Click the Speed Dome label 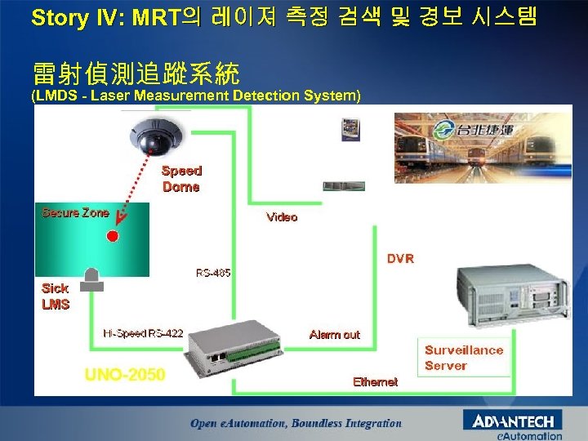coord(181,179)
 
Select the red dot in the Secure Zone coord(113,236)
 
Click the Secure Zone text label coord(75,213)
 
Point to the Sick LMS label coord(56,296)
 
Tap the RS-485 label coord(213,273)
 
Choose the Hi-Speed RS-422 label coord(143,333)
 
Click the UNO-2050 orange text coord(125,375)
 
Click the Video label coord(282,217)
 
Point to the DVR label coord(400,259)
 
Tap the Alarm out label coord(334,335)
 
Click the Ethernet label coord(375,381)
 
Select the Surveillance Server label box coord(464,358)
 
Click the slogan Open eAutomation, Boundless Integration coord(296,423)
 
